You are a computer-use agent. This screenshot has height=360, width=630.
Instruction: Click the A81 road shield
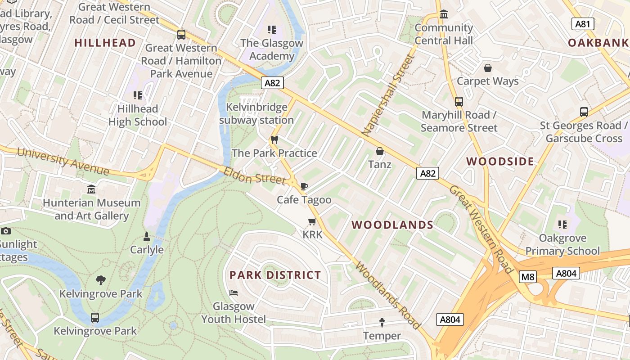coord(583,24)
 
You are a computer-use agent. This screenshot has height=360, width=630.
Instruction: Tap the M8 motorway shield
coord(527,276)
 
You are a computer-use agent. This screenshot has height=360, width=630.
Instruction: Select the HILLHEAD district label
coord(105,43)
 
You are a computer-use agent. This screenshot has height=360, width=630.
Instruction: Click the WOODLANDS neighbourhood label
coord(392,225)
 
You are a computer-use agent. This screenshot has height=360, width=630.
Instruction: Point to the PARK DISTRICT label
coord(275,275)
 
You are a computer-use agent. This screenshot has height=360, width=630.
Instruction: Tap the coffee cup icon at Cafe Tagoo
coord(304,186)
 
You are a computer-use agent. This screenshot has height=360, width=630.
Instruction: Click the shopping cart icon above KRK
coord(312,221)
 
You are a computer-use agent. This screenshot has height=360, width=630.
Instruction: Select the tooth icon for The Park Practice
coord(274,140)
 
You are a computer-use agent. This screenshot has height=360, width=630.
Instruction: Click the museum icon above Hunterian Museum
coord(92,189)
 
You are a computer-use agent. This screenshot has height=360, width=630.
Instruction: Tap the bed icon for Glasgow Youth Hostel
coord(234,293)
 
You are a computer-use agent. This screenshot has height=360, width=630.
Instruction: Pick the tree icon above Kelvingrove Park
coord(101,280)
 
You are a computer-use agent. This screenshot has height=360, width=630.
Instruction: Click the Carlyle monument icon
coord(146,236)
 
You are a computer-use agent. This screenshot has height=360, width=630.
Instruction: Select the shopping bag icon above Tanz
coord(380,151)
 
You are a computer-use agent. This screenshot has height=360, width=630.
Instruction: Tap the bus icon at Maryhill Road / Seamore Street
coord(459,102)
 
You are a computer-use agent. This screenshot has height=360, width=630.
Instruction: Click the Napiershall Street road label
coord(387,95)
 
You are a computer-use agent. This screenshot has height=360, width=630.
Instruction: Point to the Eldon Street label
coord(255,175)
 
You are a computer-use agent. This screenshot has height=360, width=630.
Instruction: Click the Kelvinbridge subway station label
coord(256,114)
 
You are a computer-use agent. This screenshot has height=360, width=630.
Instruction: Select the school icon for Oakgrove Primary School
coord(562,224)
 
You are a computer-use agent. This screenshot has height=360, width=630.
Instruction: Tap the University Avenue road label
coord(63,161)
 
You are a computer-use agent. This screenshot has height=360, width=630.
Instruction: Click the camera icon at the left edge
coord(6,231)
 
